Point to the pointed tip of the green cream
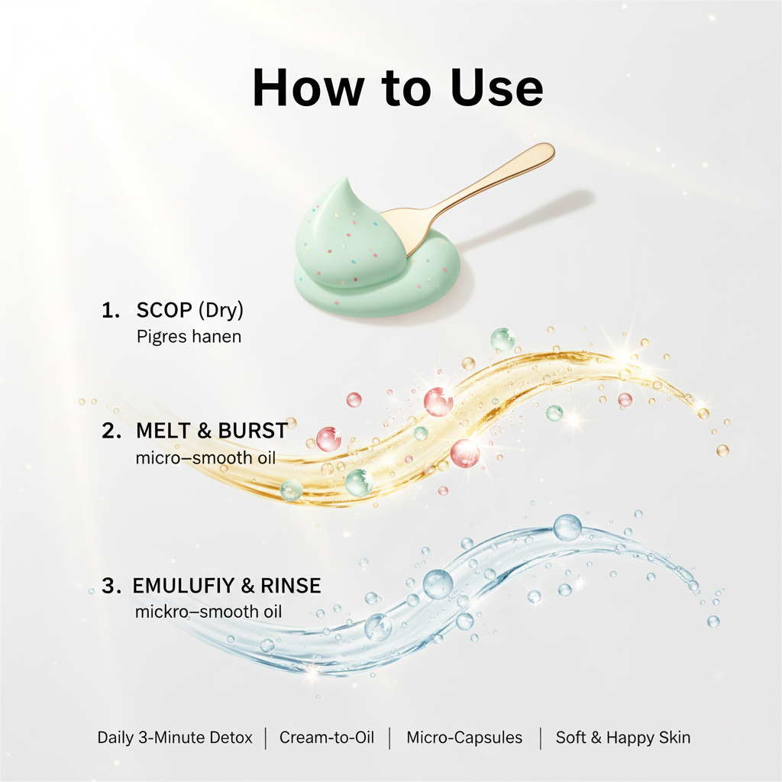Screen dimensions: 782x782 tap(345, 183)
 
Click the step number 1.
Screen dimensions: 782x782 tap(108, 312)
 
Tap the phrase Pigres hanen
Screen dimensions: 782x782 tap(189, 336)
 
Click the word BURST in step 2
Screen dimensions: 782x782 tap(253, 431)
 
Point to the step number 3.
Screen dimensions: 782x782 tap(111, 586)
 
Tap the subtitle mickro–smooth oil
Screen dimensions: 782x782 tap(208, 612)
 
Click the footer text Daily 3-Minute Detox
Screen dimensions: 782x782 tap(175, 738)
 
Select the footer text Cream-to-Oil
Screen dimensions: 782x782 tap(326, 738)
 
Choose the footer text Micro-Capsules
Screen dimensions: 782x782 tap(464, 738)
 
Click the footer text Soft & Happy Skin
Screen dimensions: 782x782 tap(623, 738)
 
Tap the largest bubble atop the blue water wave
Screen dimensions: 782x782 tap(567, 527)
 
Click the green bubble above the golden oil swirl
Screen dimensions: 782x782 tap(502, 339)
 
